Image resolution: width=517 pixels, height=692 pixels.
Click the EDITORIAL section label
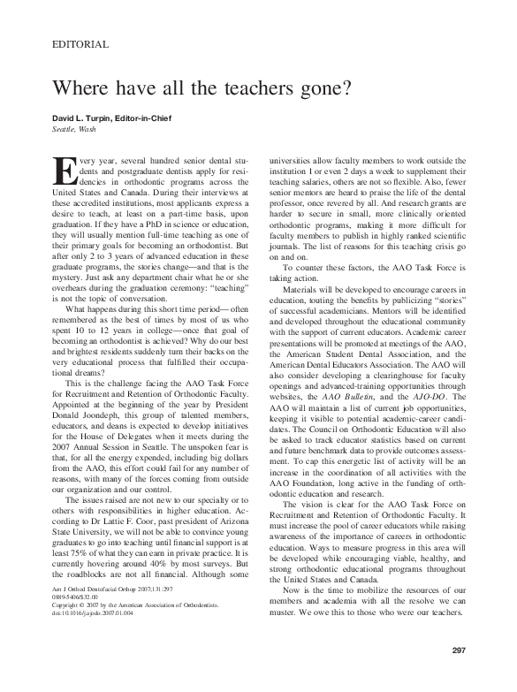tap(80, 43)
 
